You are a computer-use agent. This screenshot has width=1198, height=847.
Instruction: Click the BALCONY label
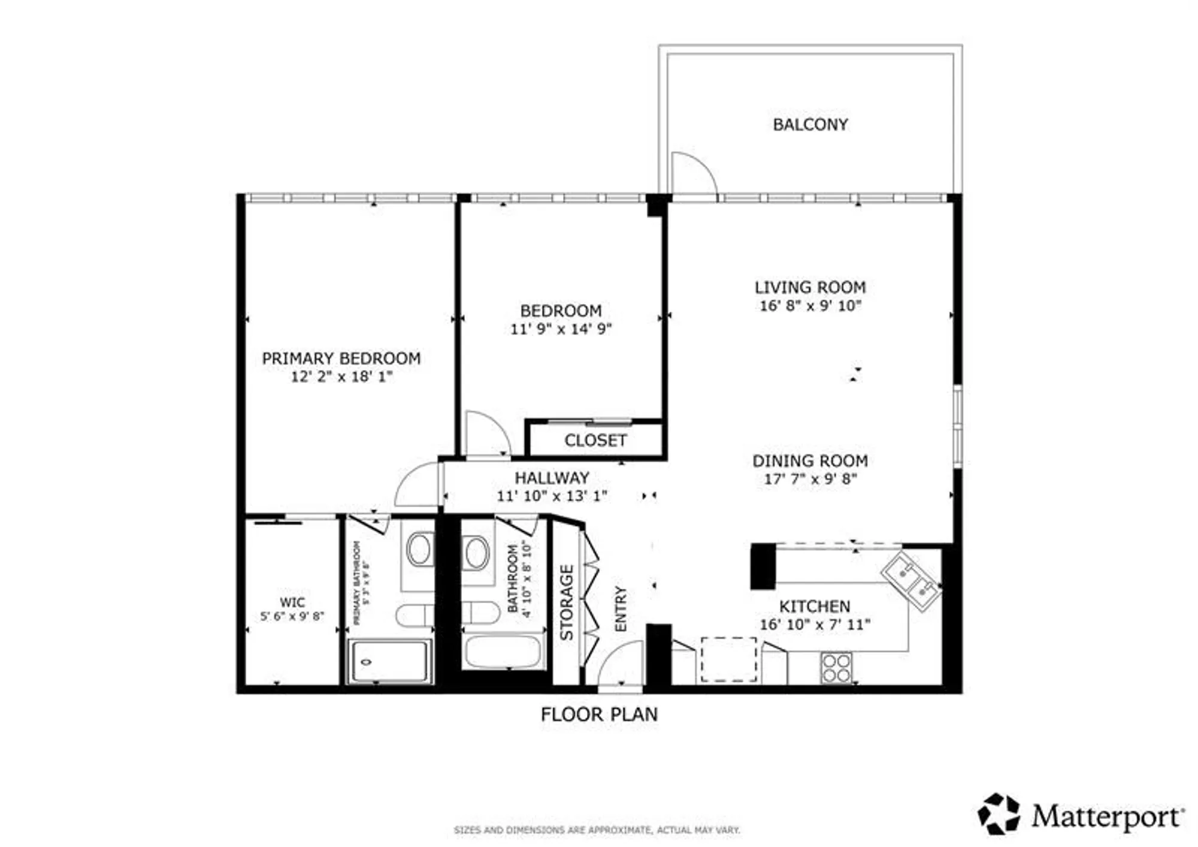[810, 125]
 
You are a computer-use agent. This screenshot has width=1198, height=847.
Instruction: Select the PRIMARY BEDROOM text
[341, 358]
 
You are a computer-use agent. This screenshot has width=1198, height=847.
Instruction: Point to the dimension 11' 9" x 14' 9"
[561, 329]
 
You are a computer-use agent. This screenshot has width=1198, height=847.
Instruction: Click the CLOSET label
[595, 441]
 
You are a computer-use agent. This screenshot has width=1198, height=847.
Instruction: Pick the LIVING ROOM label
[810, 288]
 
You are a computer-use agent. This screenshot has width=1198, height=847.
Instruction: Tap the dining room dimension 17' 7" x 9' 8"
[810, 479]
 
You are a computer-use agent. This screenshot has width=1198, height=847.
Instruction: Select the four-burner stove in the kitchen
[836, 668]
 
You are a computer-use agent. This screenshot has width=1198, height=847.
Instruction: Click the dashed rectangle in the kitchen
[728, 659]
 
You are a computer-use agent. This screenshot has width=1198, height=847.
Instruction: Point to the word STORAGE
[567, 602]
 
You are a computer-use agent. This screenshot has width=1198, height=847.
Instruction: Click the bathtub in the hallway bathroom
[503, 652]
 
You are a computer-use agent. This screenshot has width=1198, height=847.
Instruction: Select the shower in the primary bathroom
[390, 662]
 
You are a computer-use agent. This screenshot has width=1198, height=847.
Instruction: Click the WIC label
[292, 602]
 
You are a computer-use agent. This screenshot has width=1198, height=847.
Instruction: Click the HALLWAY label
[552, 478]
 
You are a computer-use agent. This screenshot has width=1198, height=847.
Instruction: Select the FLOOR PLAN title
[599, 715]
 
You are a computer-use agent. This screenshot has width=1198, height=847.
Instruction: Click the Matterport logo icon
[999, 813]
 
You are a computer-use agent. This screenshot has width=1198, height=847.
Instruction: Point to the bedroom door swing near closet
[486, 433]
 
